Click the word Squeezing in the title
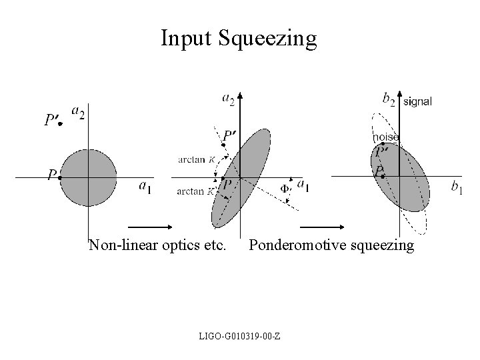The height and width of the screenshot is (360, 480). click(267, 39)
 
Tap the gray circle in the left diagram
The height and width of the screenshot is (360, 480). click(87, 177)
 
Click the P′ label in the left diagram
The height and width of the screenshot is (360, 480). click(52, 120)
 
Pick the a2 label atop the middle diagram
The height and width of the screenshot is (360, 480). click(228, 99)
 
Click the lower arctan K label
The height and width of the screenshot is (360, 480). click(196, 192)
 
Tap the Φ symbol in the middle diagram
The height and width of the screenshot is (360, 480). click(285, 188)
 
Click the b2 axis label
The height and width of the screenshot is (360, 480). click(389, 99)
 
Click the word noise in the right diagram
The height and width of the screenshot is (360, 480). click(386, 137)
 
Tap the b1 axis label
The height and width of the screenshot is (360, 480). click(457, 189)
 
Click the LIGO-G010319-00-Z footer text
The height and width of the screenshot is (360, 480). click(239, 334)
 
